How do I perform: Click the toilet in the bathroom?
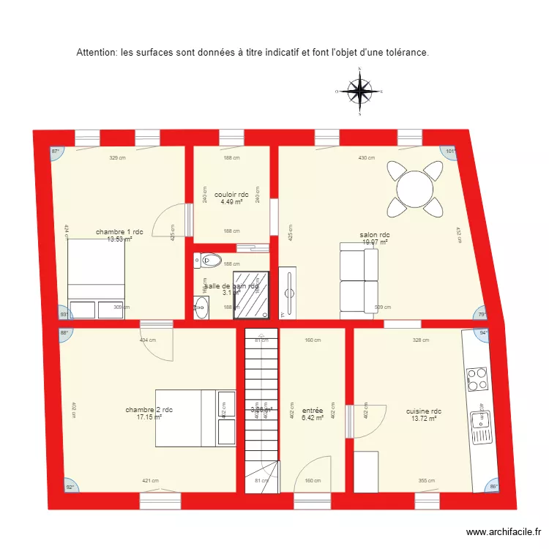(211, 259)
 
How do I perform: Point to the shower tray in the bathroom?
(251, 294)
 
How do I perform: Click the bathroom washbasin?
(201, 307)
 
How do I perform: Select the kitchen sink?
(480, 420)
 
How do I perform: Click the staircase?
(261, 410)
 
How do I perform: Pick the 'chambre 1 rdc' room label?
(119, 232)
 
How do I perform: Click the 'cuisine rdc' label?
(424, 411)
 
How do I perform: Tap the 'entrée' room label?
(313, 411)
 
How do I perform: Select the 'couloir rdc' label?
(231, 195)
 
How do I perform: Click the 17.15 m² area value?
(149, 417)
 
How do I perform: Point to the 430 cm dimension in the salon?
(366, 158)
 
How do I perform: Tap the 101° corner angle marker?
(451, 152)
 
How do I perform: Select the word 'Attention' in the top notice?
(97, 53)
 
